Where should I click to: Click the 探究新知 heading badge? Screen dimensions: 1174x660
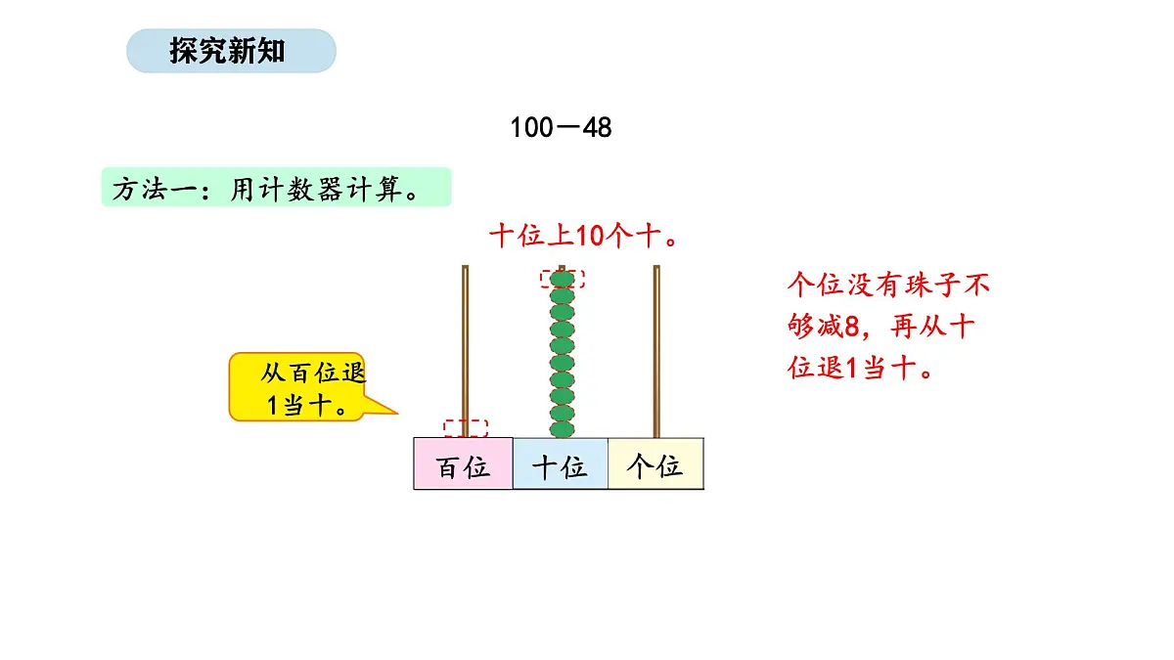231,51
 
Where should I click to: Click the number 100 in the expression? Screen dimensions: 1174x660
531,128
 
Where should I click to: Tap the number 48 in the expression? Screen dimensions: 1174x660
597,128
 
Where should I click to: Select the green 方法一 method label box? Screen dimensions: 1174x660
276,187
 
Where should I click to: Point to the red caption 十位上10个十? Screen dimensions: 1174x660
584,237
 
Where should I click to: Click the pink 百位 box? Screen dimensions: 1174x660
464,463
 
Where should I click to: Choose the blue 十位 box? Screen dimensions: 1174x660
561,463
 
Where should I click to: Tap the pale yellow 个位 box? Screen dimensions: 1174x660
655,463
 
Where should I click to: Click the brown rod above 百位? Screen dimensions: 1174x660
465,351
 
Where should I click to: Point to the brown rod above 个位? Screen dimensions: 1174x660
656,351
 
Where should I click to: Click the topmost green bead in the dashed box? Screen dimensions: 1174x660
563,280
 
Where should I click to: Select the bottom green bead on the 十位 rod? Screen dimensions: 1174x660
563,429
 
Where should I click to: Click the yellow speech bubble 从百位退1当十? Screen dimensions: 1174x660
297,386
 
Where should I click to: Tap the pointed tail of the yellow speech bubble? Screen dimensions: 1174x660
397,414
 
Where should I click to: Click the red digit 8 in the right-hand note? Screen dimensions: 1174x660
852,327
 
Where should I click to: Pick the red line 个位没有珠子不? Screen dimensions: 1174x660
888,285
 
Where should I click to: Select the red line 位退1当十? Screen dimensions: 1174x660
860,368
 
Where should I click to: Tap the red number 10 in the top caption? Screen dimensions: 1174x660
591,237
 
